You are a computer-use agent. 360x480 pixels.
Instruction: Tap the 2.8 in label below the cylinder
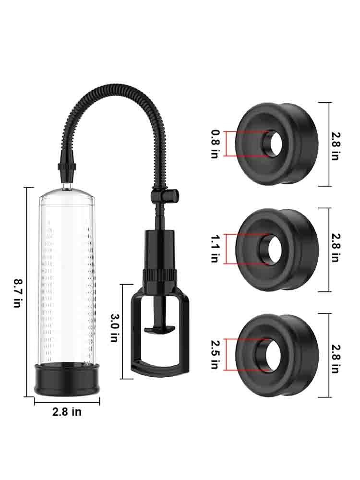[x=67, y=412]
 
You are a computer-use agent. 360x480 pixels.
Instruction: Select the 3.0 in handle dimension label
[x=114, y=327]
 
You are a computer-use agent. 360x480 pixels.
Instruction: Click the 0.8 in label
[x=215, y=144]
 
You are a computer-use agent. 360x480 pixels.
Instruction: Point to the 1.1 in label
[x=215, y=249]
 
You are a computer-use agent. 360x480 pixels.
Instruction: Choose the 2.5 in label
[x=215, y=354]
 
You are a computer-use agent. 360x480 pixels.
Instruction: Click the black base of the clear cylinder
[x=67, y=380]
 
